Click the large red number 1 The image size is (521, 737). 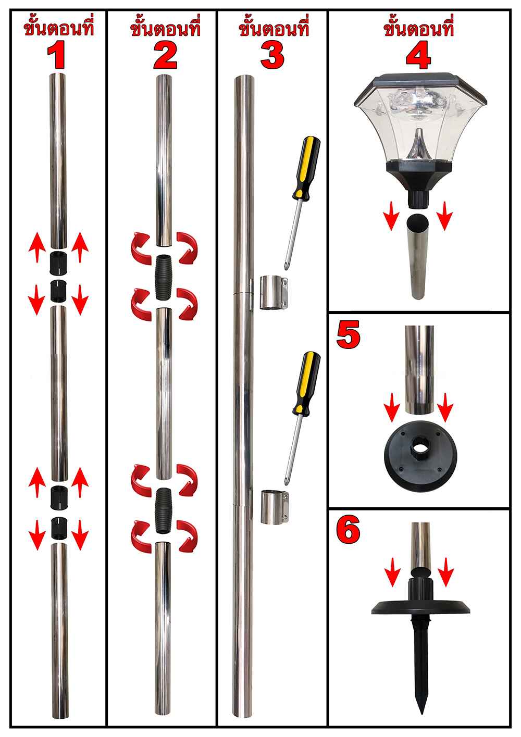[x=56, y=56]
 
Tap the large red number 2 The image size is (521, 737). [x=165, y=56]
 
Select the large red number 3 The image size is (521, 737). [x=272, y=56]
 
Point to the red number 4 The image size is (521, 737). [x=418, y=56]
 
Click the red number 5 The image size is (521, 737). [x=348, y=336]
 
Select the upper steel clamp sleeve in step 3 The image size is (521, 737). [x=274, y=293]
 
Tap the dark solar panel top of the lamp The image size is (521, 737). [x=420, y=82]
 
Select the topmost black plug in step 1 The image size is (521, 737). [x=58, y=263]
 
